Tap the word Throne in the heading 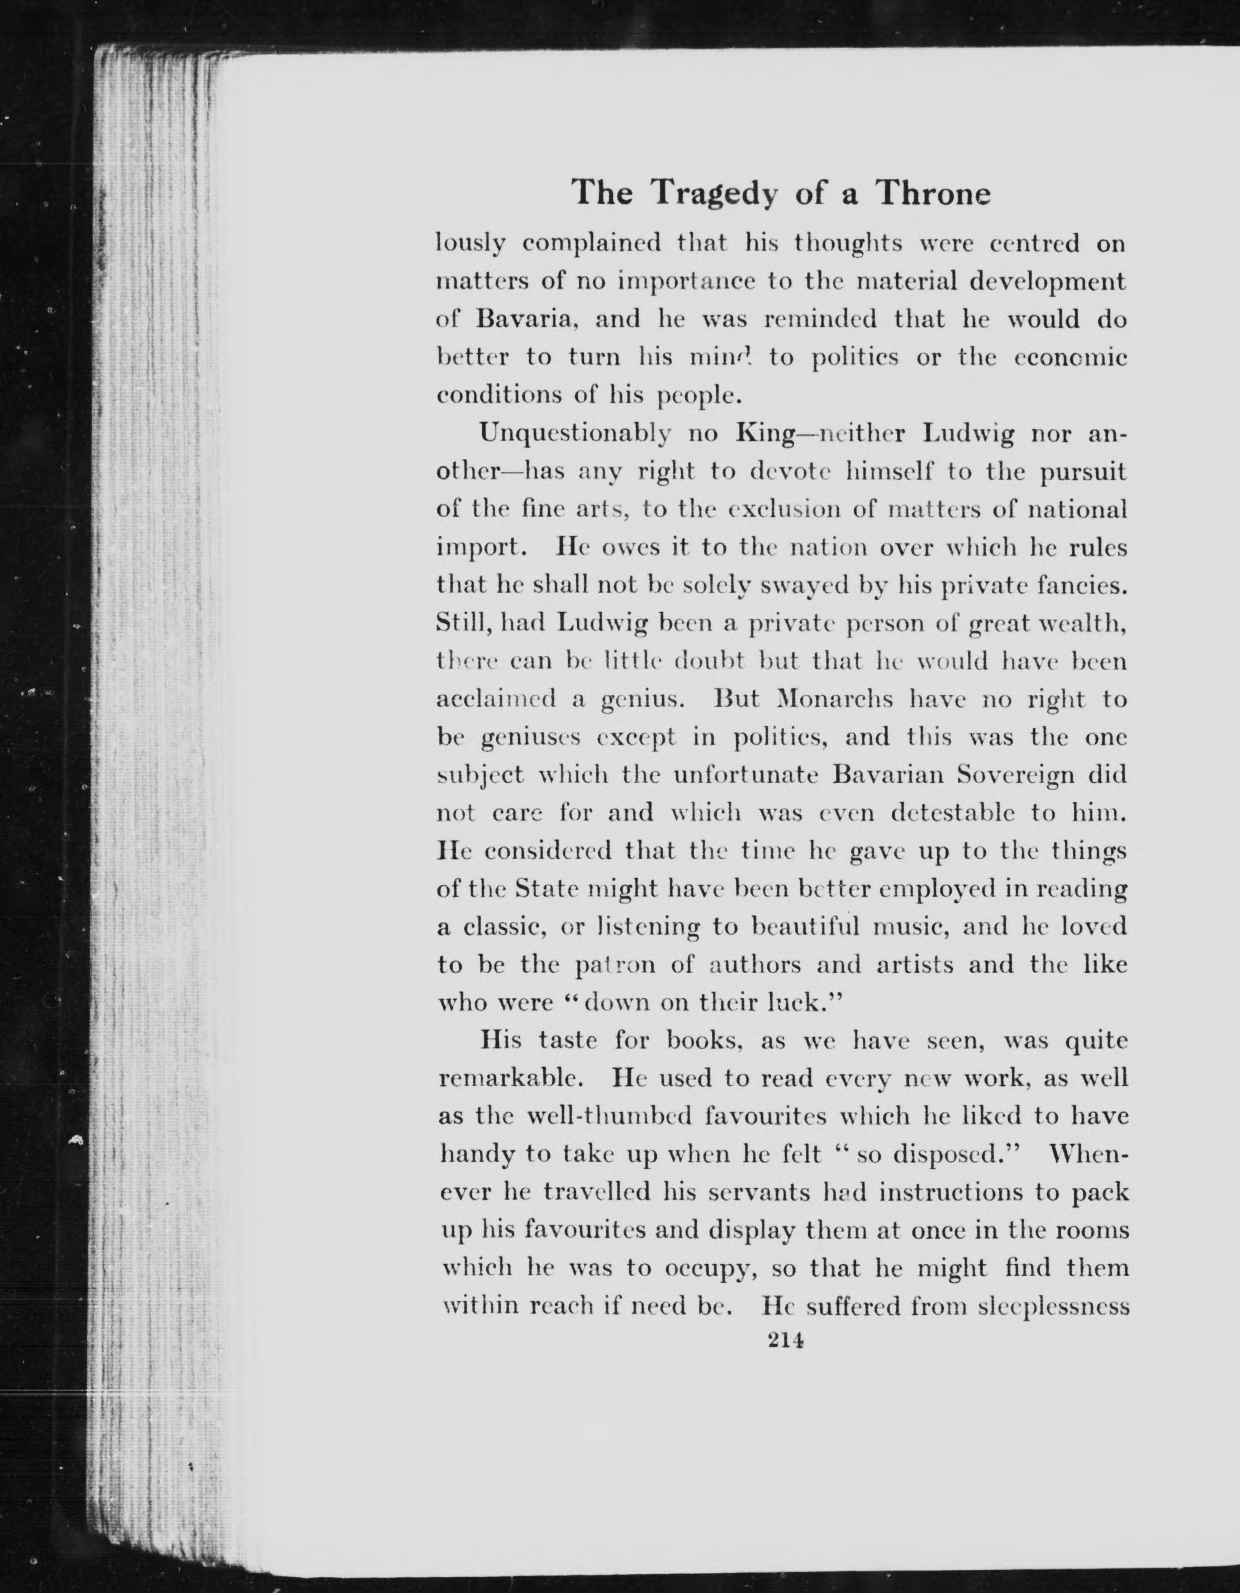click(x=934, y=193)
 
